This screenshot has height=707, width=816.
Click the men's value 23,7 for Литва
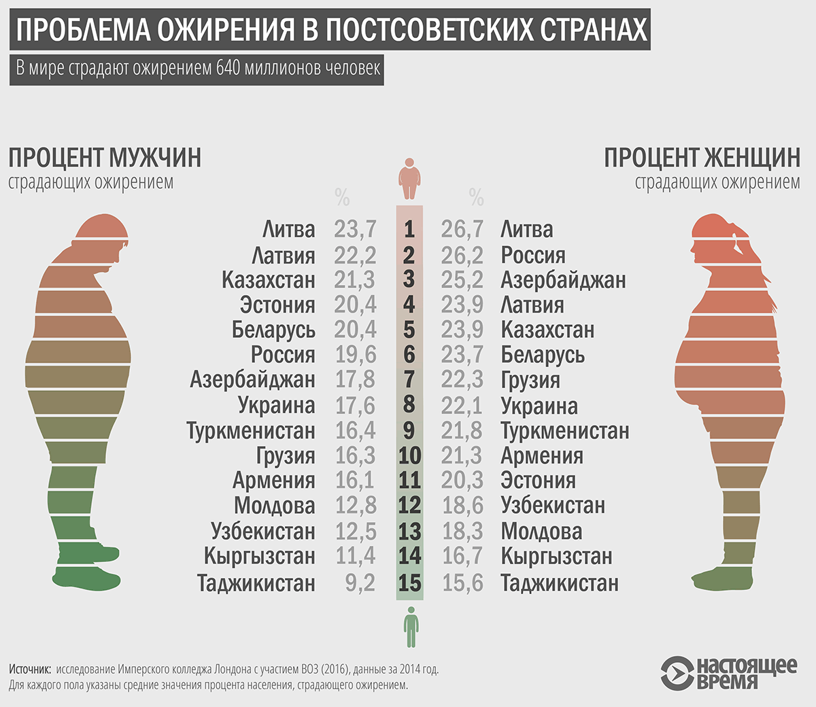[355, 229]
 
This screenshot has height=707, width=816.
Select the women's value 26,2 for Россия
[462, 255]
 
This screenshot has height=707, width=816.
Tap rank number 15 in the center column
[410, 583]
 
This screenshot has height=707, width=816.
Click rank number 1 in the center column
[409, 229]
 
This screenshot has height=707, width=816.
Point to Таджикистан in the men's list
[256, 583]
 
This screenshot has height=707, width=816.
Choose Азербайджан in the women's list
[563, 279]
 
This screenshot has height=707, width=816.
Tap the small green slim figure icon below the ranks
[410, 627]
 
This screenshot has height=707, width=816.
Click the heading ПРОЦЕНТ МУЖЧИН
[105, 157]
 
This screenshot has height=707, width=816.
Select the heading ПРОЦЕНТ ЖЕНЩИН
[702, 157]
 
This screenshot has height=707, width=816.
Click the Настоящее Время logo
[728, 673]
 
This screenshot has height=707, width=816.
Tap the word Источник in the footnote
[30, 669]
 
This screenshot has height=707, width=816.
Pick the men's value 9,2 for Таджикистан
[360, 583]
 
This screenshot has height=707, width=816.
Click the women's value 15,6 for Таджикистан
[462, 583]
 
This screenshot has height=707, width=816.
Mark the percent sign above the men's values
[342, 197]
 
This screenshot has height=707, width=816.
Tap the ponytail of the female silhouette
[741, 248]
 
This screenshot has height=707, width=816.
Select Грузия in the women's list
[530, 380]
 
